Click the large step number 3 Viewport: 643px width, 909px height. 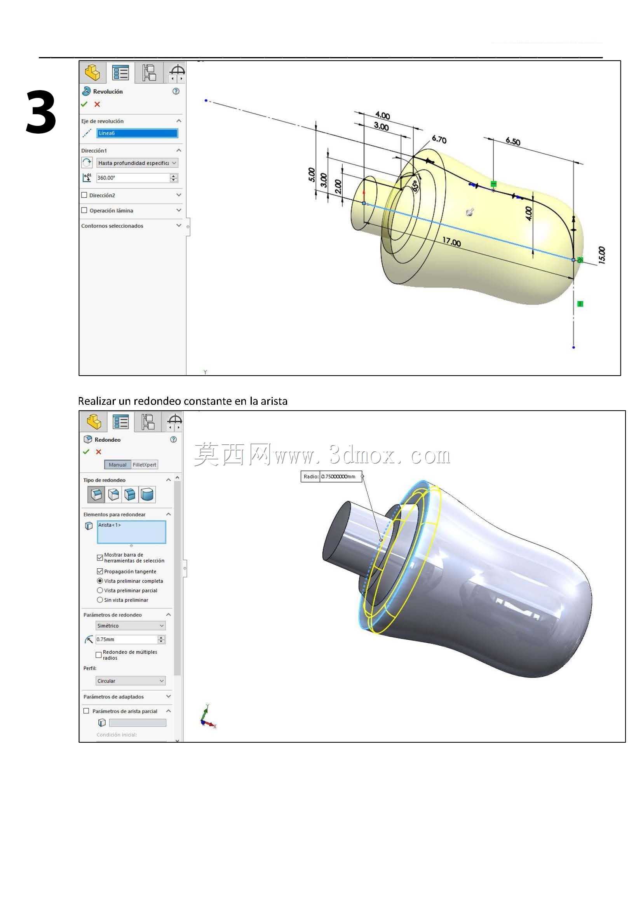click(x=41, y=112)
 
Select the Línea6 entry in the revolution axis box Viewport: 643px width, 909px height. click(x=137, y=133)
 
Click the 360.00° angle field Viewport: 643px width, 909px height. click(x=133, y=178)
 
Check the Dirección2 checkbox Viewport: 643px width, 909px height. click(x=84, y=195)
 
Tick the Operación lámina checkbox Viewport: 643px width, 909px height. click(x=84, y=210)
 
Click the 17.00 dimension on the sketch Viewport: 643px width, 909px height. click(x=451, y=242)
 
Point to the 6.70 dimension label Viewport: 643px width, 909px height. click(x=439, y=139)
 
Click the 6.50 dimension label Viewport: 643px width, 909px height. click(x=513, y=141)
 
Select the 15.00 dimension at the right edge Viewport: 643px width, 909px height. click(x=601, y=255)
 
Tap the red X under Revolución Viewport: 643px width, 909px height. click(x=98, y=104)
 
